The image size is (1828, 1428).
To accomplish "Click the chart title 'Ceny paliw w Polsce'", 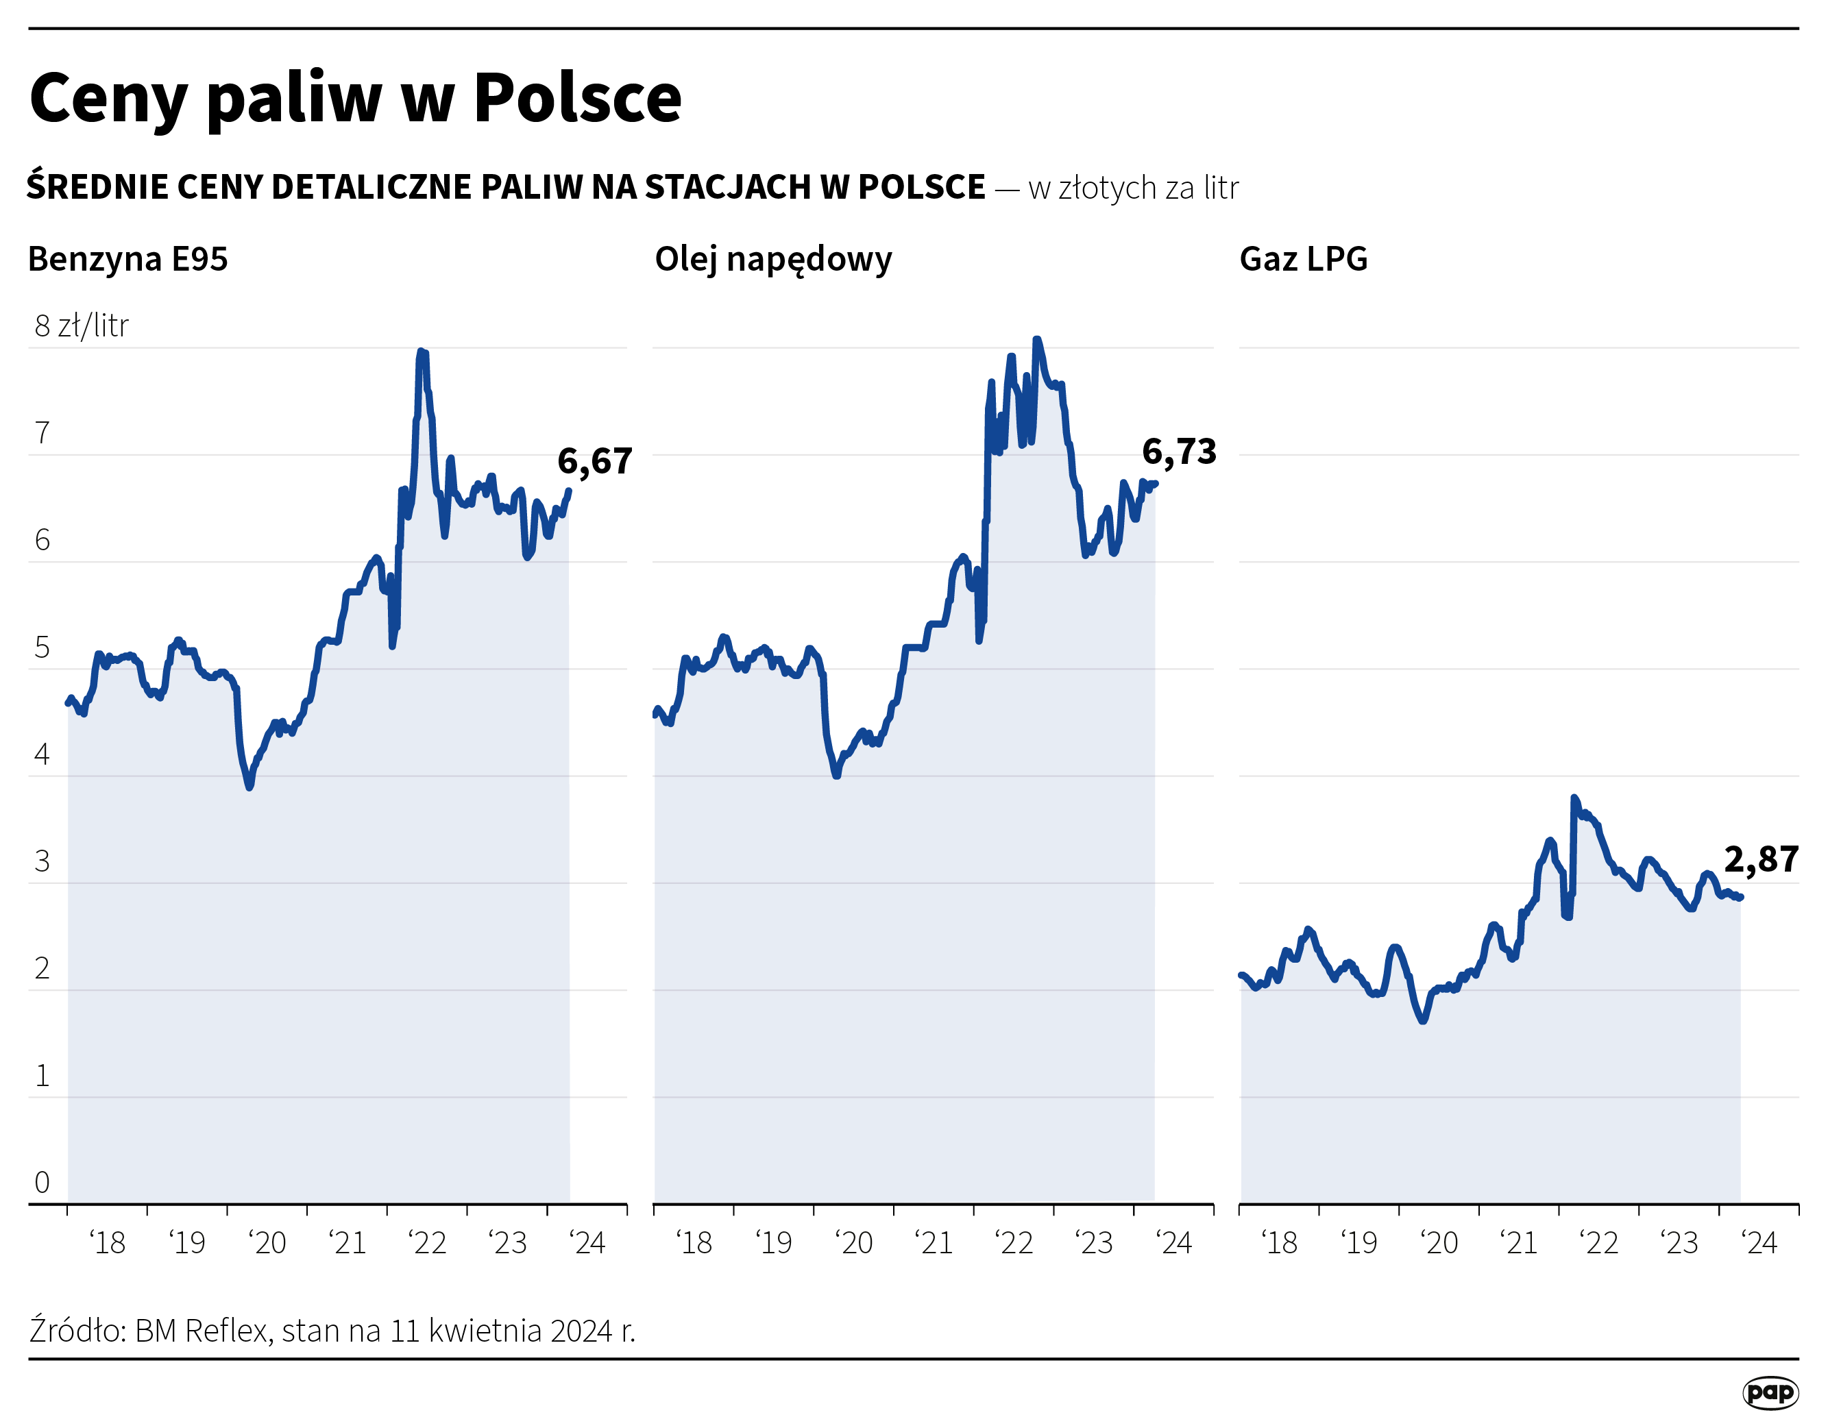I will tap(355, 99).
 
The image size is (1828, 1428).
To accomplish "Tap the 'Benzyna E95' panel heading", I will tap(127, 259).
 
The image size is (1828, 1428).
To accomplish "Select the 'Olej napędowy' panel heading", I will tap(772, 259).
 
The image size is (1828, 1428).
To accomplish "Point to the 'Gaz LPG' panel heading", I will tap(1302, 259).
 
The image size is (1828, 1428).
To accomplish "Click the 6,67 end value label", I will tap(594, 462).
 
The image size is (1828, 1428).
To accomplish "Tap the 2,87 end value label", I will tap(1761, 860).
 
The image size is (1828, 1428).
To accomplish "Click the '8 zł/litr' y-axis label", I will tap(81, 326).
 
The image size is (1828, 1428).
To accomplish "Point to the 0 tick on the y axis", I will tap(42, 1182).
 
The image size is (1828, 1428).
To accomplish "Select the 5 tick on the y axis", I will tap(42, 648).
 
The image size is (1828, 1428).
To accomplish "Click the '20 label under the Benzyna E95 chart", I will tap(268, 1243).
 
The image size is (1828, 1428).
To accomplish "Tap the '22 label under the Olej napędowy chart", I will tap(1014, 1243).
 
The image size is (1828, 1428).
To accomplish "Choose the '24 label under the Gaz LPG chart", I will tap(1759, 1243).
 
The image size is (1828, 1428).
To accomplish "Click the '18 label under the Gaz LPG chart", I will tap(1279, 1243).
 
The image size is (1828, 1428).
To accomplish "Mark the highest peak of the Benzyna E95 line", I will tap(421, 352).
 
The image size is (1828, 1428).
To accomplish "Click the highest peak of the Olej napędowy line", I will tap(1036, 340).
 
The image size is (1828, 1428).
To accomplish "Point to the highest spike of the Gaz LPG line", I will tap(1574, 798).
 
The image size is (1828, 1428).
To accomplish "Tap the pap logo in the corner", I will tap(1770, 1393).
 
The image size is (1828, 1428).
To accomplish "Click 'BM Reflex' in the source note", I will tap(203, 1331).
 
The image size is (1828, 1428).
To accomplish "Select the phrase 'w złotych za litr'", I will tap(1133, 188).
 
